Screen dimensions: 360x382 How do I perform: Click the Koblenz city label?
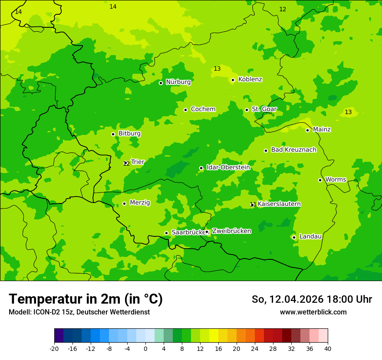(250, 79)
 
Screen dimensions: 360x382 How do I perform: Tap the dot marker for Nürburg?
(161, 83)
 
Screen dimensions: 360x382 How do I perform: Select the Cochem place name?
(203, 109)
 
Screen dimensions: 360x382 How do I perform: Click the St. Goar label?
(264, 109)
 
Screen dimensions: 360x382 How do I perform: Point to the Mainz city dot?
(307, 130)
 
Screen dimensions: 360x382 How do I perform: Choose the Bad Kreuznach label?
(293, 150)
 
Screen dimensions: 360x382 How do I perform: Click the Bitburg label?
(129, 134)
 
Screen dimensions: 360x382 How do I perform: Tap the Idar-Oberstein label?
(228, 167)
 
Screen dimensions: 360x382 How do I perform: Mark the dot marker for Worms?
(320, 180)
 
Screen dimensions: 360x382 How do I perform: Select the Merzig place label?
(140, 203)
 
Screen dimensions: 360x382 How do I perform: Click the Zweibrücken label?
(231, 231)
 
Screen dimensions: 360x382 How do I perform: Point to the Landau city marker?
(294, 237)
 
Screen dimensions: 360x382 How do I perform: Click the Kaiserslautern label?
(279, 204)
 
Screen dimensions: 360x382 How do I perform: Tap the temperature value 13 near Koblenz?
(217, 69)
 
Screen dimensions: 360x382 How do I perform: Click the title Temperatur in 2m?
(86, 299)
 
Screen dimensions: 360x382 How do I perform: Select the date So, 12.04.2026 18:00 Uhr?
(312, 299)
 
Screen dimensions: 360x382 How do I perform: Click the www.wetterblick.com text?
(313, 312)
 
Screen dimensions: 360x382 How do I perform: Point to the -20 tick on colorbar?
(54, 348)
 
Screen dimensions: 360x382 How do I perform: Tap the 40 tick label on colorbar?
(328, 348)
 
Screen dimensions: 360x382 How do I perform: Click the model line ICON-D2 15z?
(79, 312)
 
